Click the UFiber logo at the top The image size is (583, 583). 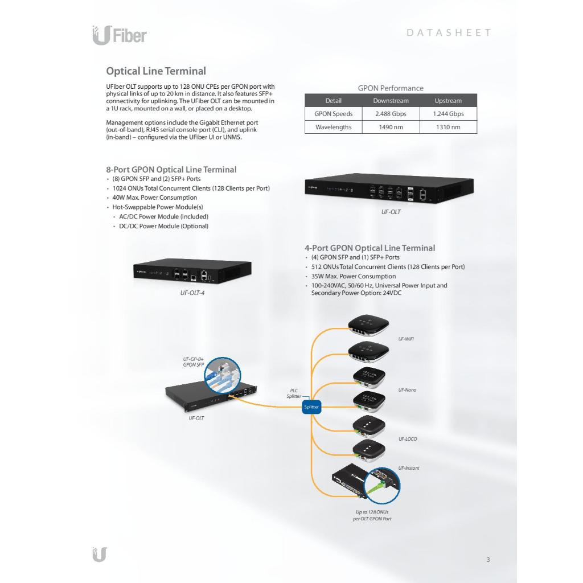pos(120,35)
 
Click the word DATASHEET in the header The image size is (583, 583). pos(449,32)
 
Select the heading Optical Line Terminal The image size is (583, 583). pos(156,71)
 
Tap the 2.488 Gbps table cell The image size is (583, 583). pos(391,114)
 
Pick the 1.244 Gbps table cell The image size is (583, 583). pos(448,114)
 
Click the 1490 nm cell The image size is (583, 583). pos(391,127)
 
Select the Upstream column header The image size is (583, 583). pos(448,101)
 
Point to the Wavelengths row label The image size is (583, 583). pos(333,127)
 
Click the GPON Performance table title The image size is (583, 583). pos(391,88)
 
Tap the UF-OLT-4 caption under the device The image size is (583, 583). pos(192,293)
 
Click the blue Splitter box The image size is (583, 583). pos(311,407)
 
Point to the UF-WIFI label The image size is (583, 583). pos(406,339)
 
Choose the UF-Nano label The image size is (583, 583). pos(407,390)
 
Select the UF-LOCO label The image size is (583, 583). pos(408,439)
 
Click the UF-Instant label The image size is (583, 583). pos(409,468)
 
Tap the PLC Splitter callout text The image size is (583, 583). pos(294,393)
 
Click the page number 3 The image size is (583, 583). pos(488,560)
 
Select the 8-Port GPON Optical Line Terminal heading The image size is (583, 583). pos(171,170)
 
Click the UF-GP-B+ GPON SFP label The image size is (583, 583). pos(193,362)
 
